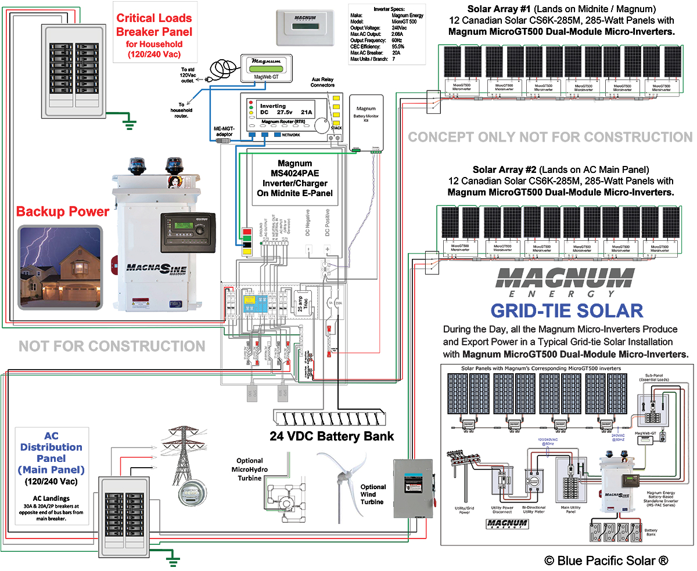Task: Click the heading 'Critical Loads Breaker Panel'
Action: click(x=155, y=25)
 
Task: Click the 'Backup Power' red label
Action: click(x=62, y=212)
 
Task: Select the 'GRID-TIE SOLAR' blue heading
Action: click(x=566, y=310)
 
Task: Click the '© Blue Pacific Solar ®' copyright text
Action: click(x=606, y=560)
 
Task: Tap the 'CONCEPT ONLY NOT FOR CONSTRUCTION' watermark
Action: click(x=549, y=137)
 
